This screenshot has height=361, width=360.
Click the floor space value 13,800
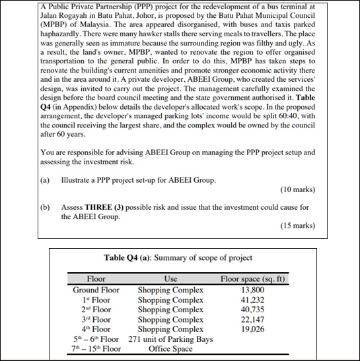point(254,290)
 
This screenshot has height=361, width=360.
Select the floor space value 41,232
point(254,300)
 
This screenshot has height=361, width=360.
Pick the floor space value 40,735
point(254,310)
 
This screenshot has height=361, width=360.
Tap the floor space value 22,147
point(254,319)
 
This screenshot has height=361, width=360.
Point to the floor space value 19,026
point(254,329)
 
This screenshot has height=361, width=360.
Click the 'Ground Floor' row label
point(96,290)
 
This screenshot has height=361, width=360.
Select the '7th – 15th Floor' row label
point(96,348)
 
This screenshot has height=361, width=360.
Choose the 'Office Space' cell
point(170,348)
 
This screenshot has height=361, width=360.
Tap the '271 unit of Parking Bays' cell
point(170,339)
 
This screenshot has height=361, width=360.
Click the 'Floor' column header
point(96,279)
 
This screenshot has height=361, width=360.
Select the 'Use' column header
point(170,279)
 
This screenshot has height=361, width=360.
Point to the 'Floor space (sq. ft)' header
point(254,279)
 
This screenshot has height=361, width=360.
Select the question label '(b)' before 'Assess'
point(46,207)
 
